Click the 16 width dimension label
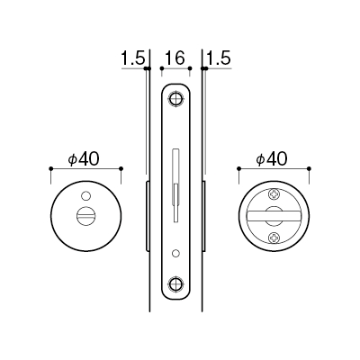pyautogui.click(x=175, y=58)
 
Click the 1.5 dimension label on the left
pyautogui.click(x=133, y=58)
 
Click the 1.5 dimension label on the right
pyautogui.click(x=219, y=58)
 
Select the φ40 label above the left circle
pyautogui.click(x=84, y=159)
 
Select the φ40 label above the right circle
pyautogui.click(x=272, y=159)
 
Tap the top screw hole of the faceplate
pyautogui.click(x=175, y=99)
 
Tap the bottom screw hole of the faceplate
pyautogui.click(x=175, y=283)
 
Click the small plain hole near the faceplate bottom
pyautogui.click(x=175, y=254)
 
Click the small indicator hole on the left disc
pyautogui.click(x=85, y=196)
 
